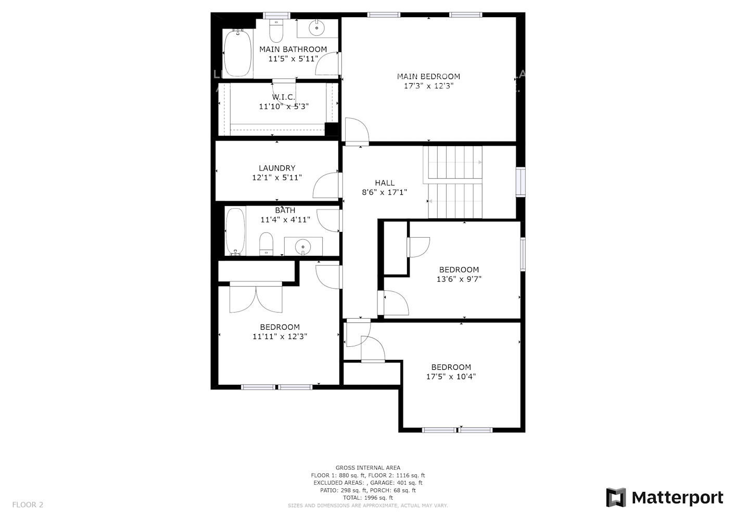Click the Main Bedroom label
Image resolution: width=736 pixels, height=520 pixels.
(428, 76)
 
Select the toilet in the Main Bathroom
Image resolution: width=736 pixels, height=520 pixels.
(276, 31)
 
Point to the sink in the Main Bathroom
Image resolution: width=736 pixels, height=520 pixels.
(316, 29)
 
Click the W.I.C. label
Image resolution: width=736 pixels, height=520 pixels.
(284, 97)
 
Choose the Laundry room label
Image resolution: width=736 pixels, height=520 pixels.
(277, 168)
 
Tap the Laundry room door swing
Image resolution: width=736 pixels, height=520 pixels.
(327, 186)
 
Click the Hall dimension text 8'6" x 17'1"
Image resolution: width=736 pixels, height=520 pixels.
(385, 192)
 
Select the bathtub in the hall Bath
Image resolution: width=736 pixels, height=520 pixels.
(235, 231)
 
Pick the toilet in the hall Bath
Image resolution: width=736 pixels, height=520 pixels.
(267, 244)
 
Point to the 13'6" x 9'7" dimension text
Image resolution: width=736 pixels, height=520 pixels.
(459, 279)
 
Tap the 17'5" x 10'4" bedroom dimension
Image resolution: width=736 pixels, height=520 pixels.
(451, 377)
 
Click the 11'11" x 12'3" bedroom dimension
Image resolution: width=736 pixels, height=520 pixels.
(280, 336)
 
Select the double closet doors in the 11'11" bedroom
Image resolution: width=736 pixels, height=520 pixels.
(256, 298)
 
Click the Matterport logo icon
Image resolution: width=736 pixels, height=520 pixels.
(616, 498)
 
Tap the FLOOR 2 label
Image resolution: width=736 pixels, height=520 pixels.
(28, 504)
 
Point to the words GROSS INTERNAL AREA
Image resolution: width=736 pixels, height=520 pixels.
(367, 468)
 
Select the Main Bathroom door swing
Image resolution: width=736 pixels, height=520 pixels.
(328, 63)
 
